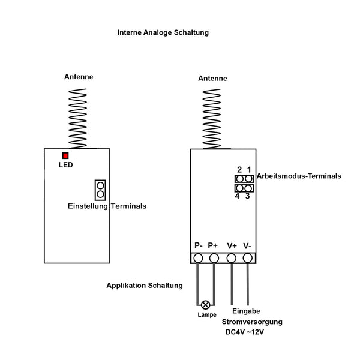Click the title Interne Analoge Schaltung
tap(163, 32)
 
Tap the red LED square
tap(65, 156)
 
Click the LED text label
tap(65, 165)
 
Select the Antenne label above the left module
tap(79, 77)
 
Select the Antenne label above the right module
tap(212, 78)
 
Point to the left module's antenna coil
tap(78, 117)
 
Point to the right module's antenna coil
tap(212, 118)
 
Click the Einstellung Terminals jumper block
tap(100, 190)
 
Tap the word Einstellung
tap(88, 206)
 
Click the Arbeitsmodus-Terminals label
tap(299, 176)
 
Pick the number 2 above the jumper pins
tap(239, 170)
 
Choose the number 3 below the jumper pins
tap(248, 196)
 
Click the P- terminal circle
tap(198, 258)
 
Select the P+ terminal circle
tap(214, 258)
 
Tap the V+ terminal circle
tap(232, 258)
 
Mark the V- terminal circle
tap(247, 258)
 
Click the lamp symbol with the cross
tap(206, 305)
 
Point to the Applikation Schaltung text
tap(145, 286)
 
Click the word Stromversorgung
tap(256, 322)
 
